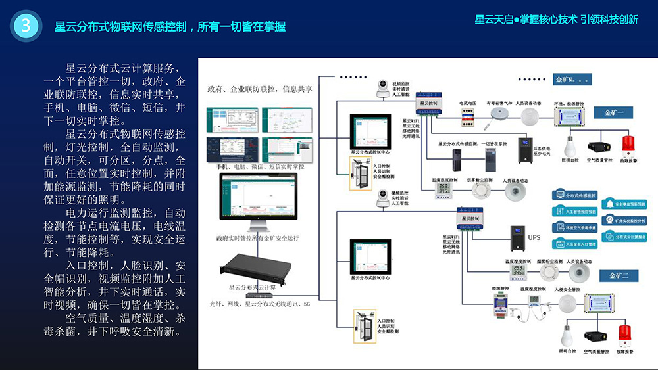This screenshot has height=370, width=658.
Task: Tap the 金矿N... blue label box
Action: pyautogui.click(x=573, y=80)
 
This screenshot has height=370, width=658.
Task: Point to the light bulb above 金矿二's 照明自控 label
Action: pyautogui.click(x=567, y=336)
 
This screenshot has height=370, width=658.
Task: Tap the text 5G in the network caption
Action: pyautogui.click(x=307, y=304)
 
